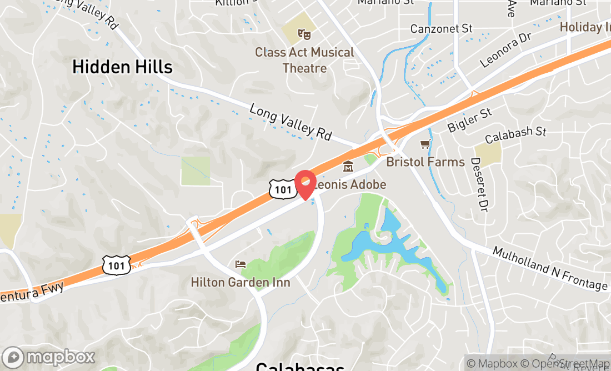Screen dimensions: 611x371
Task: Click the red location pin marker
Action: click(305, 184)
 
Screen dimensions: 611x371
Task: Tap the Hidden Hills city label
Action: click(122, 67)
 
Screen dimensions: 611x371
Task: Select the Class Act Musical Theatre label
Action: click(304, 60)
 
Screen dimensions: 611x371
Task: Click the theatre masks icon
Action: click(304, 34)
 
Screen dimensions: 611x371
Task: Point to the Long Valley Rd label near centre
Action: click(291, 122)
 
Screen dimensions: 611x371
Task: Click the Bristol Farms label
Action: click(425, 162)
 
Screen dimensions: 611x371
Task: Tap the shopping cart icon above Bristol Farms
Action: click(425, 144)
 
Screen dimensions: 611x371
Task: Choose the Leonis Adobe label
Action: click(350, 184)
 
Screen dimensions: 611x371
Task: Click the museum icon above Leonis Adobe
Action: click(348, 166)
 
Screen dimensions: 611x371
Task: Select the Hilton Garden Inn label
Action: click(241, 283)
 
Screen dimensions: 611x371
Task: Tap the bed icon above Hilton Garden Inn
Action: click(240, 264)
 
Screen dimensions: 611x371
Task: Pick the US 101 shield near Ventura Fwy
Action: click(117, 265)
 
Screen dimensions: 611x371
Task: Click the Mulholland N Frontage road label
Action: click(550, 268)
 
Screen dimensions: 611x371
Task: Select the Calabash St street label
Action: click(515, 135)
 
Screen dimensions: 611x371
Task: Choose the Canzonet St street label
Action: click(441, 28)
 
